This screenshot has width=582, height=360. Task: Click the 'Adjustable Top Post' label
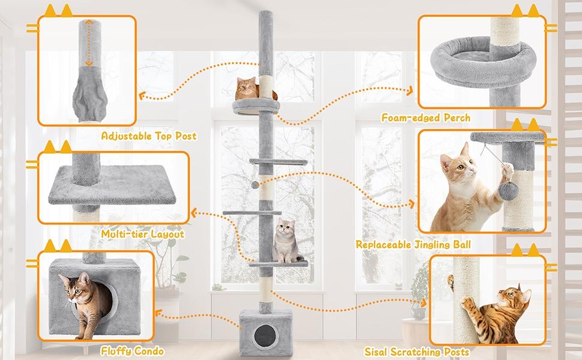(x=149, y=137)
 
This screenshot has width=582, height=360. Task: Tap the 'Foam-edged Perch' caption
(x=426, y=118)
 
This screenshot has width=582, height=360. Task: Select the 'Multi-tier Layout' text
(x=142, y=234)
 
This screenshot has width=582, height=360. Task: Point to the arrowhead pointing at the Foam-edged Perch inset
(x=410, y=90)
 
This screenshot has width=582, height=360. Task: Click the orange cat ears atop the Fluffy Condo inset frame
(x=58, y=245)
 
